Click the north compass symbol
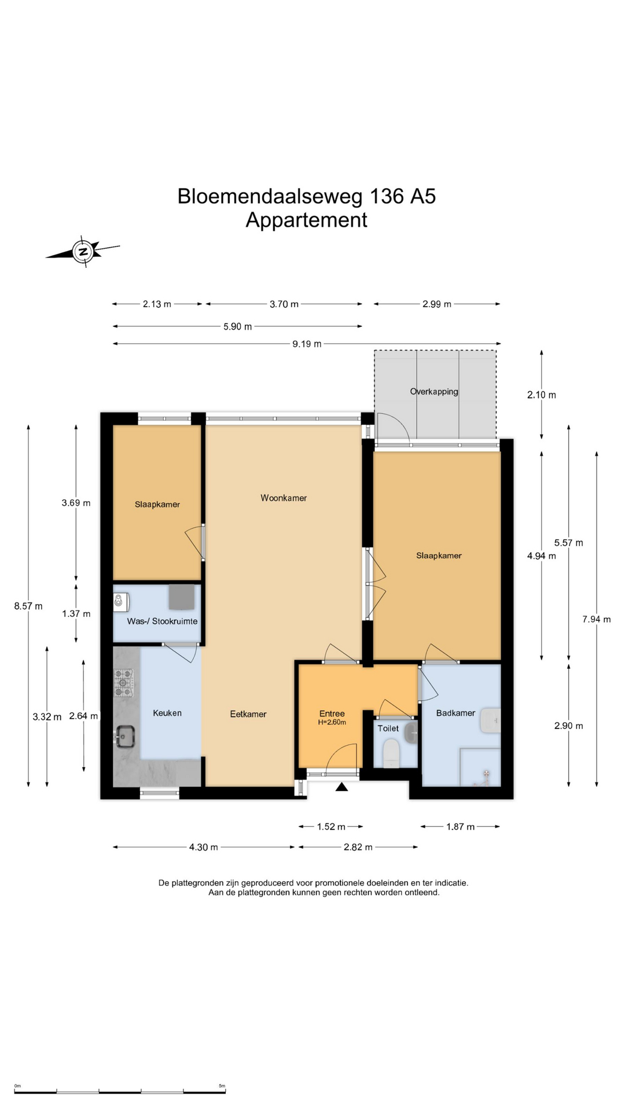point(83,252)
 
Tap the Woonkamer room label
point(284,498)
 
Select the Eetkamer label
point(248,714)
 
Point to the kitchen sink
point(124,737)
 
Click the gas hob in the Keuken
point(123,682)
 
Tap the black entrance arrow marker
point(341,786)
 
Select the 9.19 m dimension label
point(307,344)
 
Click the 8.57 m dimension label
point(28,606)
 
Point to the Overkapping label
point(434,392)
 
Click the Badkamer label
point(455,713)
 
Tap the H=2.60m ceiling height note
point(332,722)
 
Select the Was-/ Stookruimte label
point(162,621)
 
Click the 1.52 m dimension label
point(331,826)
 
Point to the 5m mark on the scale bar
point(222,1086)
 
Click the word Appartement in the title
point(306,220)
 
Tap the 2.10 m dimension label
point(541,395)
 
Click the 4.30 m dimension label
point(203,847)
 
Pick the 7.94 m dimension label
point(596,619)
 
